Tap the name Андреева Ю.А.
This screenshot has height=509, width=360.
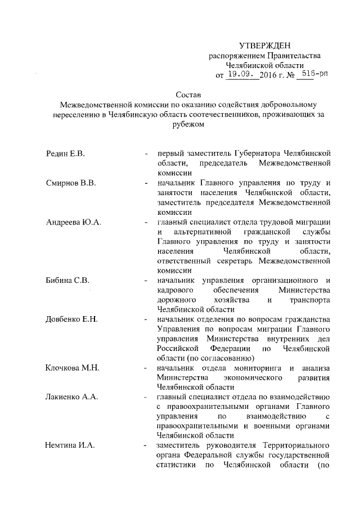tap(73, 223)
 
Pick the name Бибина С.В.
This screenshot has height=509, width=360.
tap(67, 280)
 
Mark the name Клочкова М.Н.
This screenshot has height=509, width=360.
tap(73, 368)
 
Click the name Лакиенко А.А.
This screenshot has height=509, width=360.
tap(72, 397)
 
